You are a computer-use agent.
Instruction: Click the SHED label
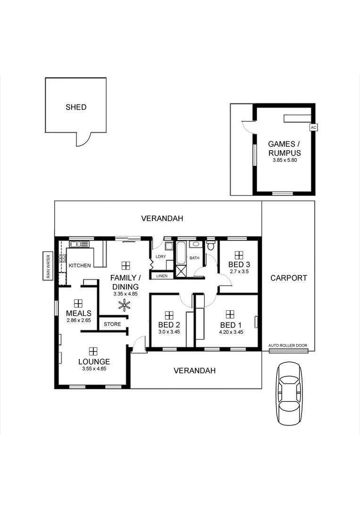click(76, 107)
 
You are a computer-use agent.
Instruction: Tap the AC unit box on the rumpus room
click(313, 127)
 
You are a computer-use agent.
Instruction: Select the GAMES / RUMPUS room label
click(284, 148)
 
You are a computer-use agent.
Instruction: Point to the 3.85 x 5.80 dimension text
click(285, 161)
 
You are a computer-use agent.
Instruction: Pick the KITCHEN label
click(80, 265)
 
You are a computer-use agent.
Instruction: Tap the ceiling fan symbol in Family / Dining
click(124, 306)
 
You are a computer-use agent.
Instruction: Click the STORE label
click(112, 324)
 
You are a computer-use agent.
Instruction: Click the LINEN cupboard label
click(161, 275)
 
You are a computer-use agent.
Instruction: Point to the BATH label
click(194, 258)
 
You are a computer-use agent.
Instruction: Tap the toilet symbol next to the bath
click(211, 246)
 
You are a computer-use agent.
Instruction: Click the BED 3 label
click(239, 264)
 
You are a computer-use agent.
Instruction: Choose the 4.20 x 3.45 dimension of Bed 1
click(231, 332)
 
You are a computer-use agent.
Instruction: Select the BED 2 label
click(169, 325)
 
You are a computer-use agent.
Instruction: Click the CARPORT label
click(289, 278)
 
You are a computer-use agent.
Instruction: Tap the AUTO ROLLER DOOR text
click(288, 346)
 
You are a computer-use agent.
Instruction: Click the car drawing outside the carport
click(289, 394)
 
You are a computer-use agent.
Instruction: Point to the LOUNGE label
click(94, 362)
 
